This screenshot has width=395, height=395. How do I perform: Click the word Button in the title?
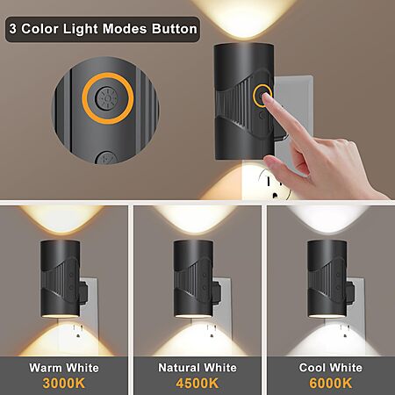click(175, 29)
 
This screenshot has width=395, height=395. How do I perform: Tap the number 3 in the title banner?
click(12, 29)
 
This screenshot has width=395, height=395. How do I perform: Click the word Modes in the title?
click(125, 29)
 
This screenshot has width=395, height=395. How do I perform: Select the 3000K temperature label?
click(64, 383)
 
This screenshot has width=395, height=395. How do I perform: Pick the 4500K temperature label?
click(197, 383)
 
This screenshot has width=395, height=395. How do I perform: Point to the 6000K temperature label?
click(331, 383)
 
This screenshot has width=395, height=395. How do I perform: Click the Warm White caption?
click(64, 368)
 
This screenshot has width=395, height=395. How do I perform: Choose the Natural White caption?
click(197, 368)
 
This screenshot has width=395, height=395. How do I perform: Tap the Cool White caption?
click(331, 368)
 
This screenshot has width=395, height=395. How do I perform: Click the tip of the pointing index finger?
click(267, 96)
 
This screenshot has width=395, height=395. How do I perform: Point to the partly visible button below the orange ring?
click(106, 158)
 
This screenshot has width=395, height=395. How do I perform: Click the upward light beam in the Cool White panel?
click(327, 219)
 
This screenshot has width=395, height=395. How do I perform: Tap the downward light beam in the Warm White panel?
click(62, 340)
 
